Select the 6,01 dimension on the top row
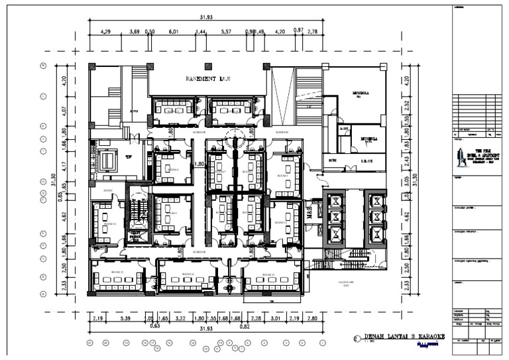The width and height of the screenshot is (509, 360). (x=174, y=32)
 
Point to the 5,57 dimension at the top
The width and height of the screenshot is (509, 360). (x=226, y=32)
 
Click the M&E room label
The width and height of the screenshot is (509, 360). (x=309, y=210)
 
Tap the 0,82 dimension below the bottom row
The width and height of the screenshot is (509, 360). (x=244, y=327)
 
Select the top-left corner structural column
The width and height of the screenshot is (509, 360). (x=91, y=66)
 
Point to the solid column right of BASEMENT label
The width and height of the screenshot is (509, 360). (x=266, y=66)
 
